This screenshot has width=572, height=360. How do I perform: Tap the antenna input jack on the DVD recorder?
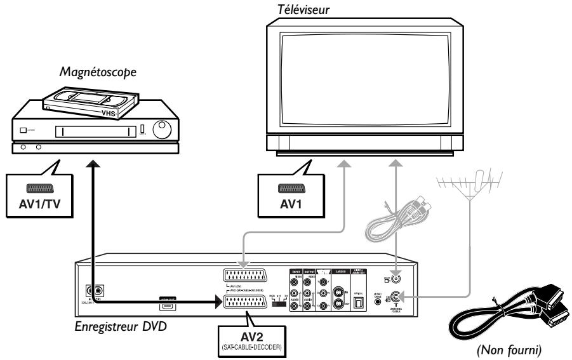[x=396, y=297]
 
